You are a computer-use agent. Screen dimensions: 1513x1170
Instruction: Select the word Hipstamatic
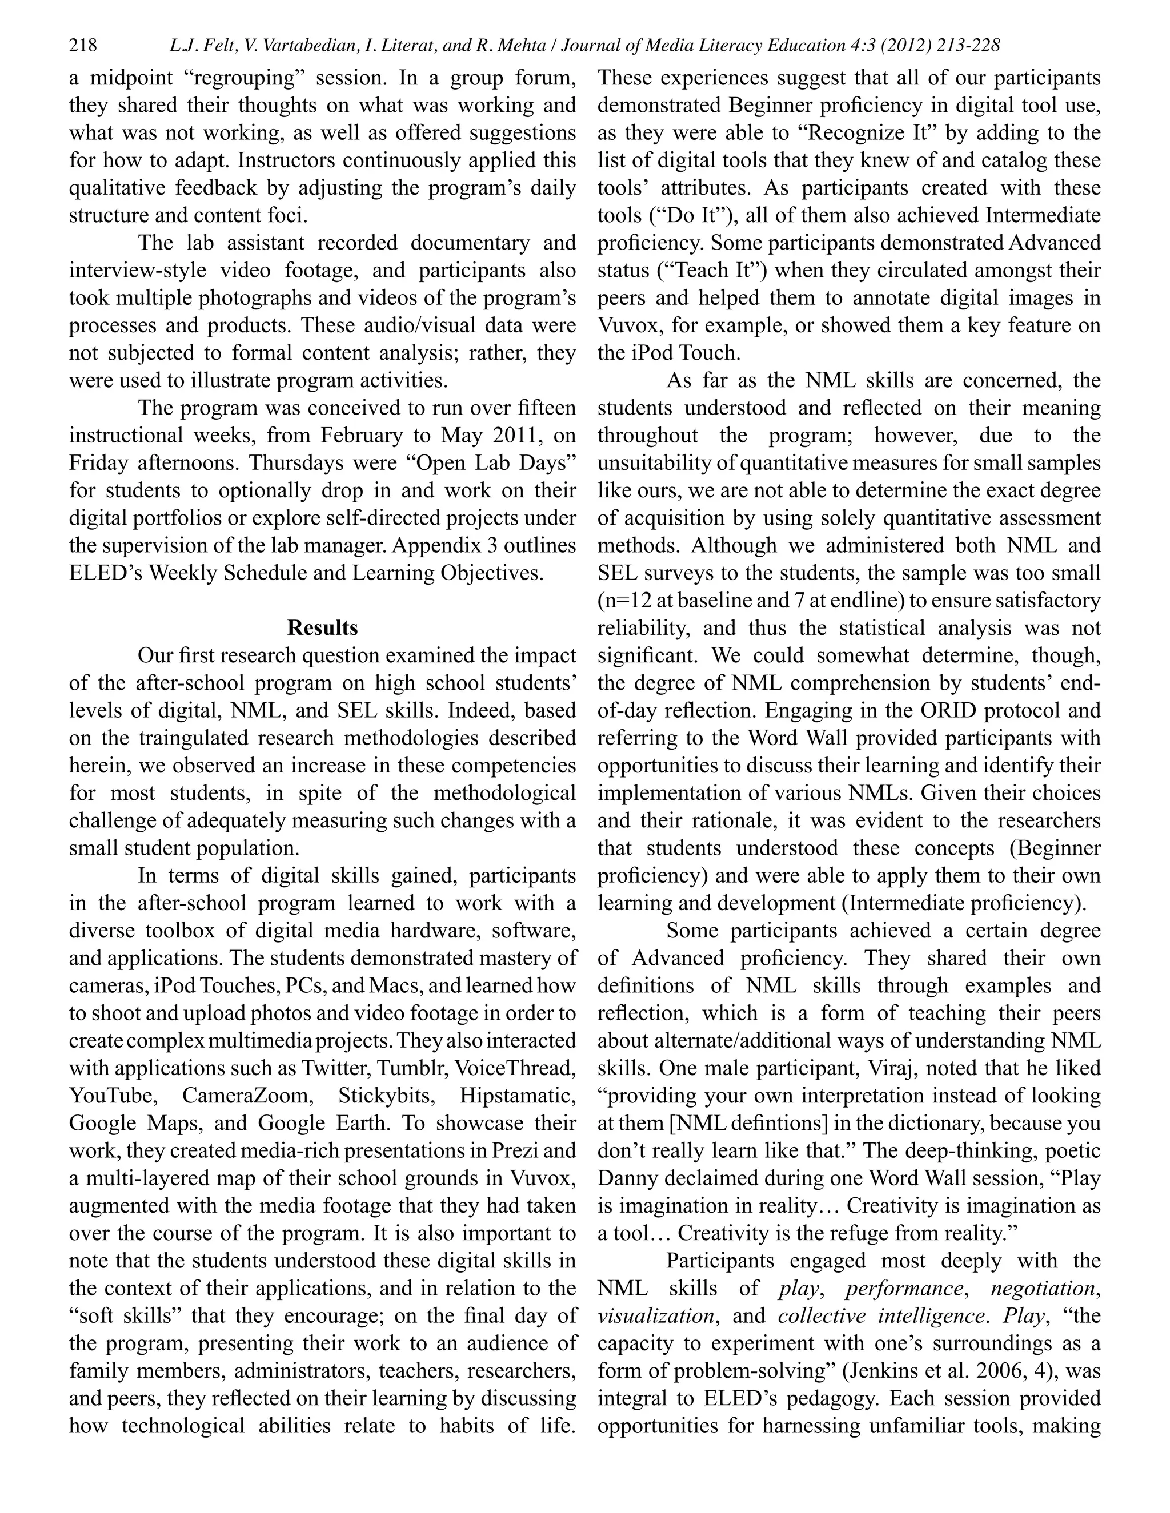517,1095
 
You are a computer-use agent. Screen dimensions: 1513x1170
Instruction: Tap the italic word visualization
656,1315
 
